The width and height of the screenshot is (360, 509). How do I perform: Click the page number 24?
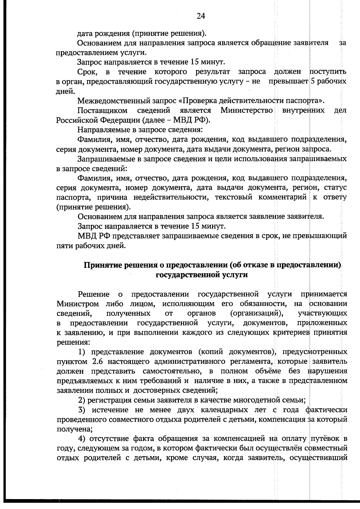click(x=201, y=16)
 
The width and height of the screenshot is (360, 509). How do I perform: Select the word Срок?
click(x=86, y=72)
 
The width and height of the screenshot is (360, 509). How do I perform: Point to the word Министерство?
click(x=247, y=111)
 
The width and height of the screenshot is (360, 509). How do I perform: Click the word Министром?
click(x=78, y=304)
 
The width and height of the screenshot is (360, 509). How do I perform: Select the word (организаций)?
click(x=257, y=313)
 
